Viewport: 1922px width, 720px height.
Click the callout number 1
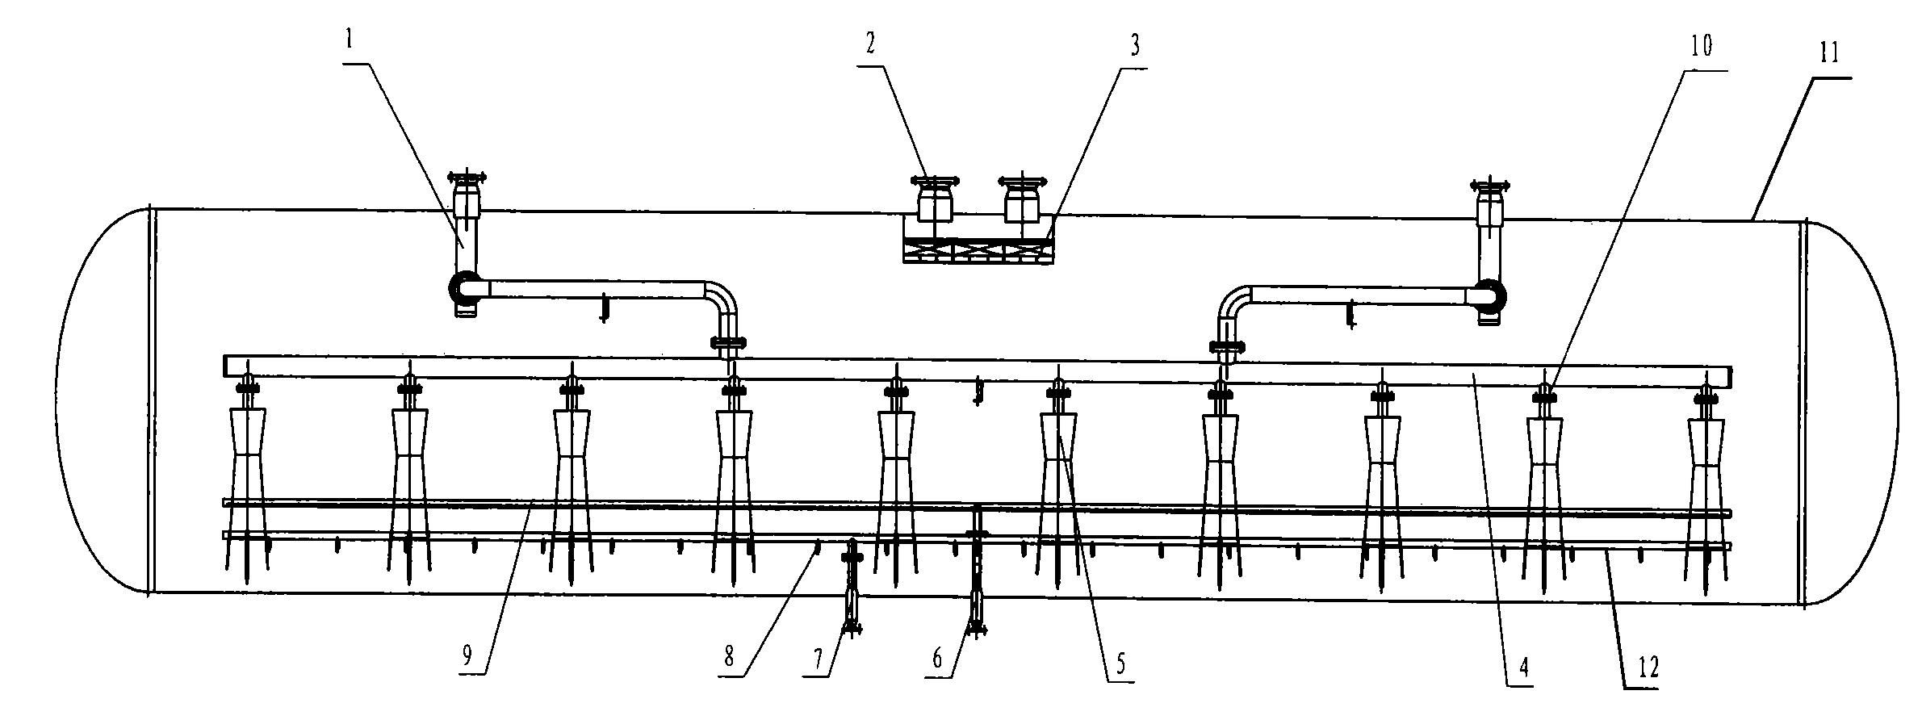coord(349,40)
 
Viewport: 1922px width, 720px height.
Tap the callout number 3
coord(1134,46)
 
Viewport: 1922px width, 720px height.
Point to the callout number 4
coord(1522,668)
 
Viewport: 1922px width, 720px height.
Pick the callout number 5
coord(1120,663)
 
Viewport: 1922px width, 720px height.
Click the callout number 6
coord(936,659)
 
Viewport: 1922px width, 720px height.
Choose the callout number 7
coord(819,659)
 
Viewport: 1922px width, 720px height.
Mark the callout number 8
coord(729,656)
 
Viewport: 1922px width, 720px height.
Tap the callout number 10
coord(1699,47)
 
